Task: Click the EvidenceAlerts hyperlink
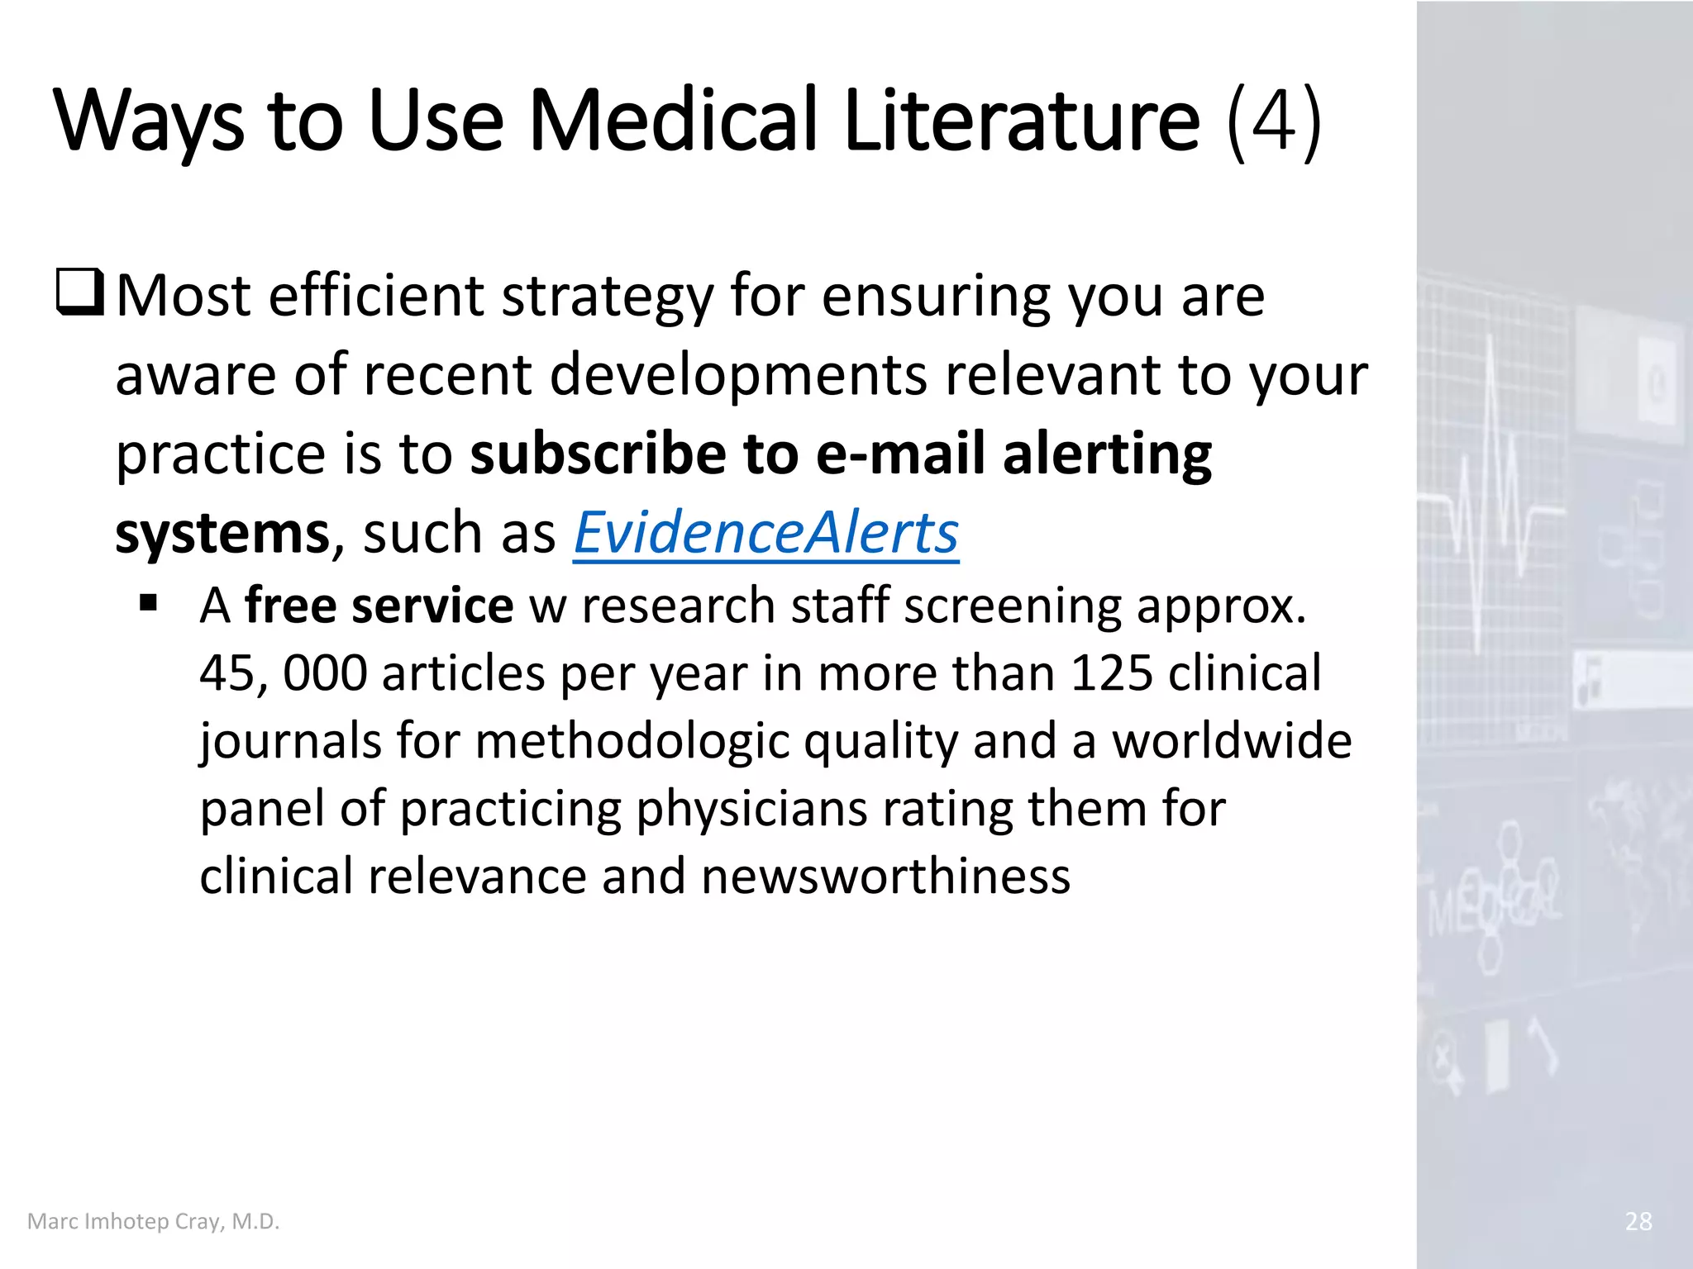tap(765, 533)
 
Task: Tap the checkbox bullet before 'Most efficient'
tap(80, 293)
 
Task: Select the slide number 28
tap(1638, 1221)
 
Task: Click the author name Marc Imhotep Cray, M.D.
tap(154, 1221)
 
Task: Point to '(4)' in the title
tap(1274, 121)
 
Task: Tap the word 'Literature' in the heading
tap(1021, 120)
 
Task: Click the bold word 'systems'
tap(222, 533)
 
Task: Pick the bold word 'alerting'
tap(1107, 455)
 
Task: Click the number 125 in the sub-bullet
tap(1111, 673)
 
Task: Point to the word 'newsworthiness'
tap(885, 876)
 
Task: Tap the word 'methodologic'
tap(632, 741)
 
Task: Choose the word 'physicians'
tap(751, 809)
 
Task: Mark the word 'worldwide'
tap(1232, 741)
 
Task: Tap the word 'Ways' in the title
tap(150, 121)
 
